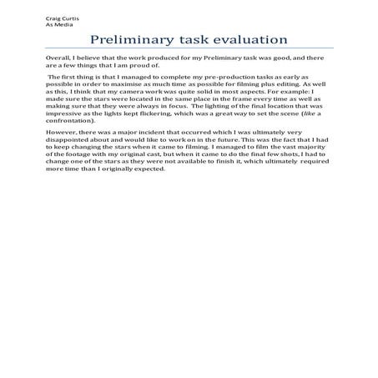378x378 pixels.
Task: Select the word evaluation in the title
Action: [244, 41]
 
